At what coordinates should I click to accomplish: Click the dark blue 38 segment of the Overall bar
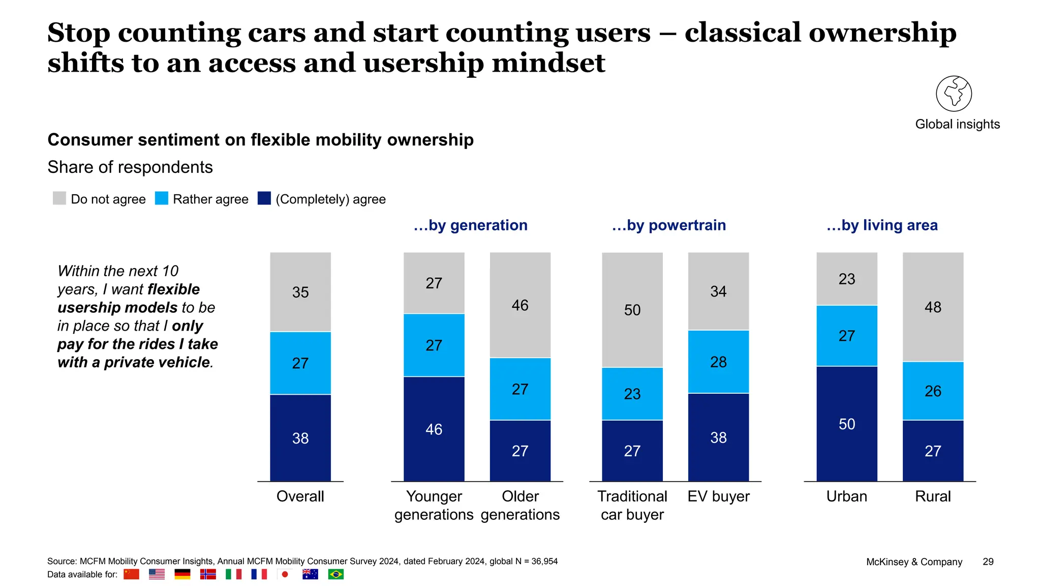(300, 437)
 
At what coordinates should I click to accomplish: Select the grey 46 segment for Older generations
(520, 305)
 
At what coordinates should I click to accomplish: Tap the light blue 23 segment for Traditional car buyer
(632, 394)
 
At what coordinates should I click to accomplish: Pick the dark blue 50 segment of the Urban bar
(846, 424)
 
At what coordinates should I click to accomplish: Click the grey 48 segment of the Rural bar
(933, 307)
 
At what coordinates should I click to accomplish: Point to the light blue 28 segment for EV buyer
(718, 362)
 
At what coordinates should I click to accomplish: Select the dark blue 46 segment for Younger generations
(434, 429)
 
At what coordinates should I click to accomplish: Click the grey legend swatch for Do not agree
(59, 198)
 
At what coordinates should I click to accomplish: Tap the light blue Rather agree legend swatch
(162, 198)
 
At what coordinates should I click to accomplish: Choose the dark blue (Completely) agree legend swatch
(264, 198)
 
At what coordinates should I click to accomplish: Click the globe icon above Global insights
(954, 94)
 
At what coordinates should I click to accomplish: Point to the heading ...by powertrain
(668, 225)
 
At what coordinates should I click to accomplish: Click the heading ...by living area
(882, 225)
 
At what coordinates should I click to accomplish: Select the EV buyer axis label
(718, 496)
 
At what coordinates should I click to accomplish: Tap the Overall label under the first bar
(300, 496)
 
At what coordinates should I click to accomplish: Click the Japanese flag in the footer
(285, 574)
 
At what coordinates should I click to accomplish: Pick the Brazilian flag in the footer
(335, 574)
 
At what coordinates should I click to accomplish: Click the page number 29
(988, 562)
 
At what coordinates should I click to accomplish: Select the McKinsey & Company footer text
(914, 562)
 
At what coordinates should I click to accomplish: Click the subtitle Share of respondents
(130, 167)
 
